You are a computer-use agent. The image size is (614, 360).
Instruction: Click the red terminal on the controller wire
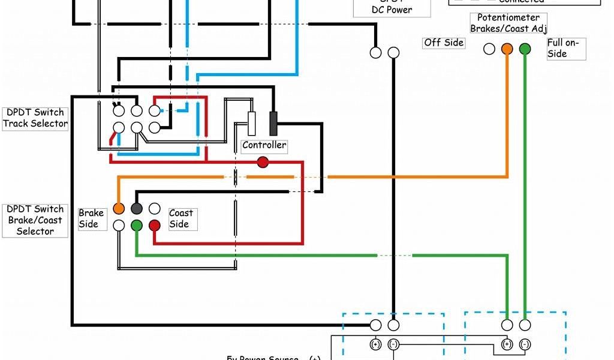click(x=263, y=162)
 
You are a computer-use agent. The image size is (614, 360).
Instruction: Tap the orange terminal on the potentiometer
click(x=507, y=49)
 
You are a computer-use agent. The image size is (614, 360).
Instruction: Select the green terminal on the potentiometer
click(x=525, y=49)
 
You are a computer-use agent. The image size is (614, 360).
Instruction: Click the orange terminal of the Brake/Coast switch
click(x=119, y=208)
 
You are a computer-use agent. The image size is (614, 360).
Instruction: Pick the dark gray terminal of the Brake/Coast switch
click(x=137, y=208)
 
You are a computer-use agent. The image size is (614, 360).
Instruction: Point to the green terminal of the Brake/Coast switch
click(x=137, y=225)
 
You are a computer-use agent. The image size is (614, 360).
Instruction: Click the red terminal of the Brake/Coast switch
click(x=155, y=225)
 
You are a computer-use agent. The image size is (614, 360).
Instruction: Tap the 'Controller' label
click(x=264, y=145)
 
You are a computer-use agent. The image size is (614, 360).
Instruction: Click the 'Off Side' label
click(x=444, y=43)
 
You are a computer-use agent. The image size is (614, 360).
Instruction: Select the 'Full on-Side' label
click(x=563, y=48)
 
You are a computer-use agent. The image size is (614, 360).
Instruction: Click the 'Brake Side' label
click(x=91, y=218)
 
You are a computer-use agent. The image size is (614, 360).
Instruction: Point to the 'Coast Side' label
click(x=180, y=218)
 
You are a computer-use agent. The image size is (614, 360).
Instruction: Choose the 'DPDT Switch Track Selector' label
click(x=35, y=118)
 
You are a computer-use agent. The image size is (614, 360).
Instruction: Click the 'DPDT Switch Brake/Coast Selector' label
click(x=35, y=220)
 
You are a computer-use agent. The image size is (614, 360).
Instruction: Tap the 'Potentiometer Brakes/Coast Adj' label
click(x=508, y=23)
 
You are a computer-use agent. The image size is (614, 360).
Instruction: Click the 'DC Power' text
click(x=392, y=10)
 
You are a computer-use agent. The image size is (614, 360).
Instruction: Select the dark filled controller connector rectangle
click(x=273, y=123)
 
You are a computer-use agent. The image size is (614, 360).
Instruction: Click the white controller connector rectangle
click(x=252, y=123)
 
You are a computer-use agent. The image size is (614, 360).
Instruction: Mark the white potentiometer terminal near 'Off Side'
click(x=489, y=49)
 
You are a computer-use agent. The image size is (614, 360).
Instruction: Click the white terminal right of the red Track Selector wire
click(x=155, y=111)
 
